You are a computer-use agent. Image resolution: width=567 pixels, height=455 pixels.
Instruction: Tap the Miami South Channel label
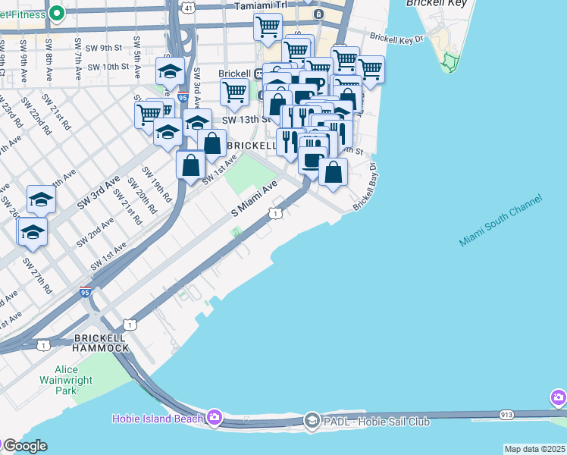point(500,221)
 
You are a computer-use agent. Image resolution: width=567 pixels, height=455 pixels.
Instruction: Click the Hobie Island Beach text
point(157,419)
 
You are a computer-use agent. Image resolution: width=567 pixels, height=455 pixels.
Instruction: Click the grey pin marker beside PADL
point(312,420)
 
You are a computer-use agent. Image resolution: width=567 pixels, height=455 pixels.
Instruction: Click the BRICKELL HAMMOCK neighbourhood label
point(101,342)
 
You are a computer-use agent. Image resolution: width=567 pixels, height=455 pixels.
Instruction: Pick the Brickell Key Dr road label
point(394,37)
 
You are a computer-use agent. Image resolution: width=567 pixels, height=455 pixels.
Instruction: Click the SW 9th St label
point(105,48)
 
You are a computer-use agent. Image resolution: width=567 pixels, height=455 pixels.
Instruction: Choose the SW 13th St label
point(246,120)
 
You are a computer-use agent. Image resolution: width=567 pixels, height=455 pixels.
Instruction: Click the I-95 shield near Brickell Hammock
point(85,292)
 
